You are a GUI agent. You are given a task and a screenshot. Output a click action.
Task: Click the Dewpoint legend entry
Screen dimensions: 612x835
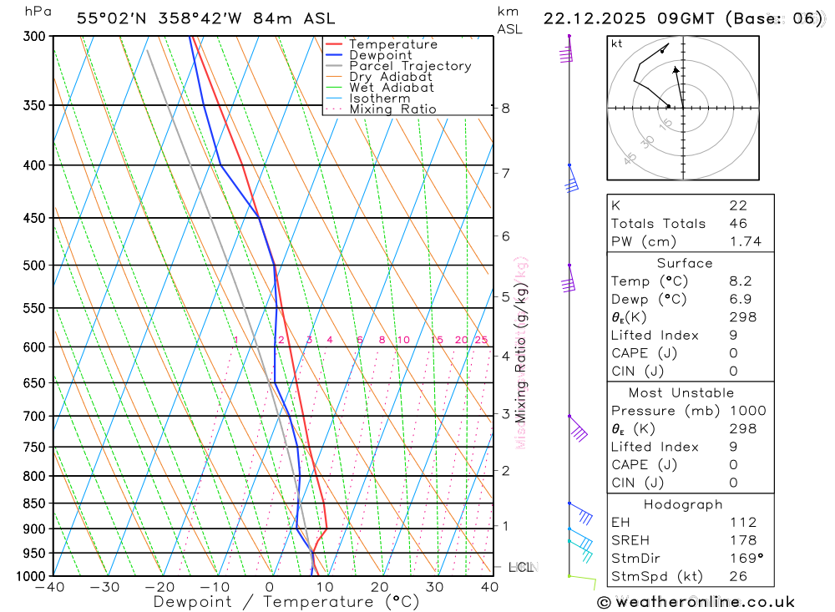tap(381, 55)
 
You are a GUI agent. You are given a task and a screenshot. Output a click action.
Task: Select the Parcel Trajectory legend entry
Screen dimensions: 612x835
tap(410, 66)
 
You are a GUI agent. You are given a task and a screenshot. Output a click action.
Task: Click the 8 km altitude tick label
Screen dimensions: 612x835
tap(505, 108)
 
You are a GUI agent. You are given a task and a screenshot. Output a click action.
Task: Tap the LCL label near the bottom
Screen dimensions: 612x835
tap(521, 567)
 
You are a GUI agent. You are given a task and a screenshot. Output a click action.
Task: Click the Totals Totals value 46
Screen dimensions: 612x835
tap(737, 224)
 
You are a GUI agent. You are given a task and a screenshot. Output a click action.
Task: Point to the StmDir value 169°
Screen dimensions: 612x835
tap(744, 559)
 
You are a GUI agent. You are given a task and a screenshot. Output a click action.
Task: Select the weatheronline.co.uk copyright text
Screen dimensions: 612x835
tap(696, 602)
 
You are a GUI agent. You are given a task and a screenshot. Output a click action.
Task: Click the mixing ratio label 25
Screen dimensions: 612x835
tap(481, 340)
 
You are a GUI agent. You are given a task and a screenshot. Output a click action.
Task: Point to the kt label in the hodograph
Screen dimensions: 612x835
tap(616, 43)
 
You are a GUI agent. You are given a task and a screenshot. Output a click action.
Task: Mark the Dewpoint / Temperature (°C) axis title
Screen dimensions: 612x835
tap(286, 601)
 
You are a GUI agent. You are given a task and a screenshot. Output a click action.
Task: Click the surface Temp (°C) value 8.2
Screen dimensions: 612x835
tap(737, 281)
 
